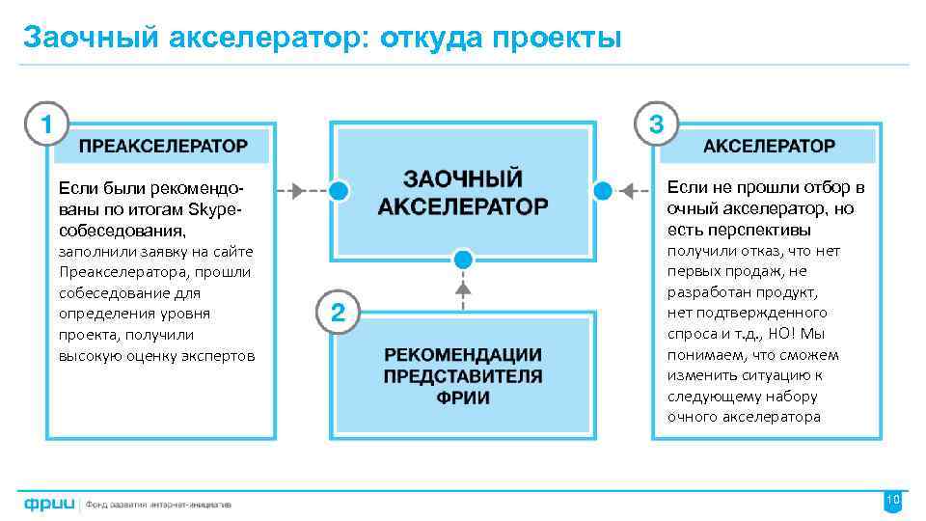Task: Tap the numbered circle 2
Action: (337, 313)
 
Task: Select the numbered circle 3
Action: (657, 124)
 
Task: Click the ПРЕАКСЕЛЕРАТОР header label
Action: (163, 147)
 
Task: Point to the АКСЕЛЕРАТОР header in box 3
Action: (769, 147)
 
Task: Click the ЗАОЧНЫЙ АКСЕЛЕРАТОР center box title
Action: (462, 193)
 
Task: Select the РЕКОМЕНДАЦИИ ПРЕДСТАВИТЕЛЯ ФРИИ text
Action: (463, 375)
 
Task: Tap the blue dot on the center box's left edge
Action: (338, 189)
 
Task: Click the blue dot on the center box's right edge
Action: (602, 189)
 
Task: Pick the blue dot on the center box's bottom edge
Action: (463, 259)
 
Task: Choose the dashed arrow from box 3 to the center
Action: (633, 189)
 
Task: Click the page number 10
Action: (892, 500)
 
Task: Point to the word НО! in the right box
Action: (776, 334)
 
